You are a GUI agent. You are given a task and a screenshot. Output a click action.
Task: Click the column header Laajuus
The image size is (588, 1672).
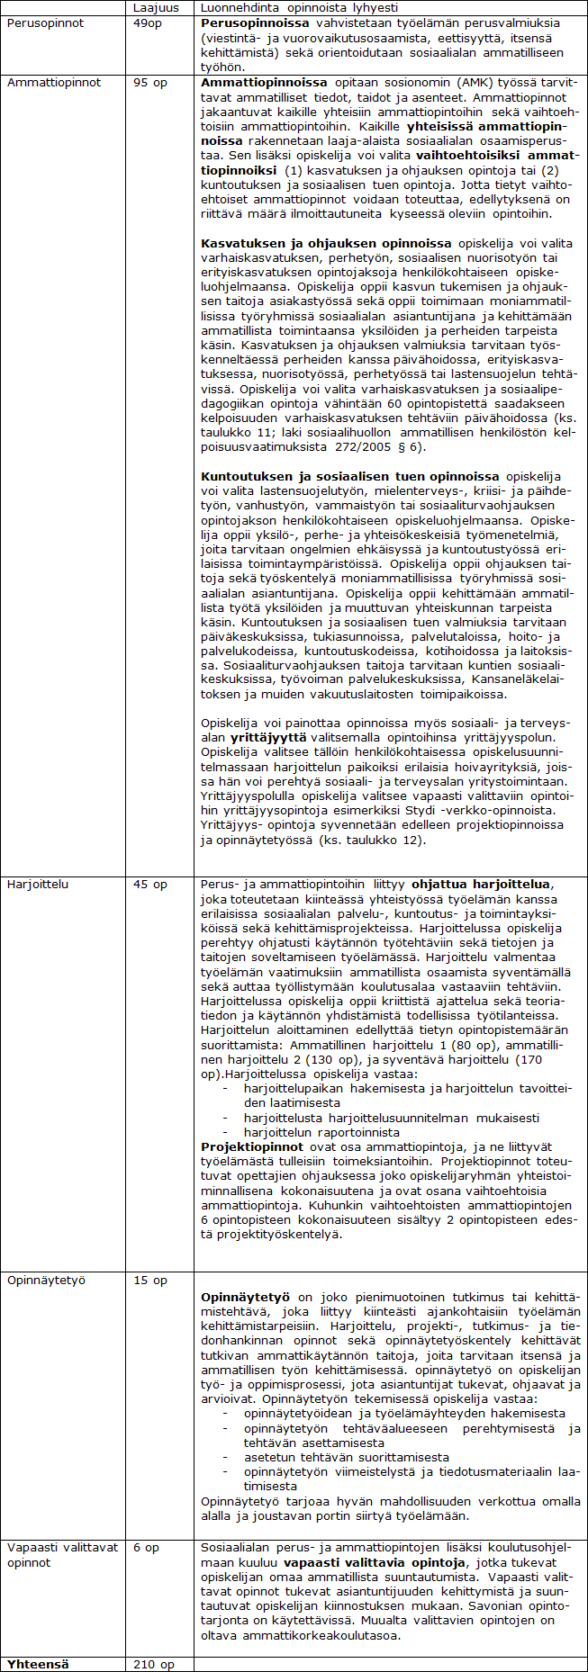155,8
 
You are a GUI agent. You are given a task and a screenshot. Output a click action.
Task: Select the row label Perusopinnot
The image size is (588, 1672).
45,22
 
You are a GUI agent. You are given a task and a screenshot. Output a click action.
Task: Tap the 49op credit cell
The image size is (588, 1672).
148,22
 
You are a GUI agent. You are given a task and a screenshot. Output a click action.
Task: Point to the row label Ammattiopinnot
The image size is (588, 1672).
54,82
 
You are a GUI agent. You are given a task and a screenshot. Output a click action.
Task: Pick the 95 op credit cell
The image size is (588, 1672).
152,82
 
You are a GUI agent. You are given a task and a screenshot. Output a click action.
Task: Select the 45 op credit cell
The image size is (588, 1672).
150,884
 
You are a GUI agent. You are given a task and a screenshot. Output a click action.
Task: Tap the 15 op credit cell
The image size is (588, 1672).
150,1280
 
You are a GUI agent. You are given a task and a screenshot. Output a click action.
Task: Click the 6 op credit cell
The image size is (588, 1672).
146,1547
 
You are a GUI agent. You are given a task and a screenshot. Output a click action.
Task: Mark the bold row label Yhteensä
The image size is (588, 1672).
38,1664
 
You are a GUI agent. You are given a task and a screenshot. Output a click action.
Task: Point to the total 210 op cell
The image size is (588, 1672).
154,1664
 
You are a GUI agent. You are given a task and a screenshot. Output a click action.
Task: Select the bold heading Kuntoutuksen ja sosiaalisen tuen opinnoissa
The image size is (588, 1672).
349,476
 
